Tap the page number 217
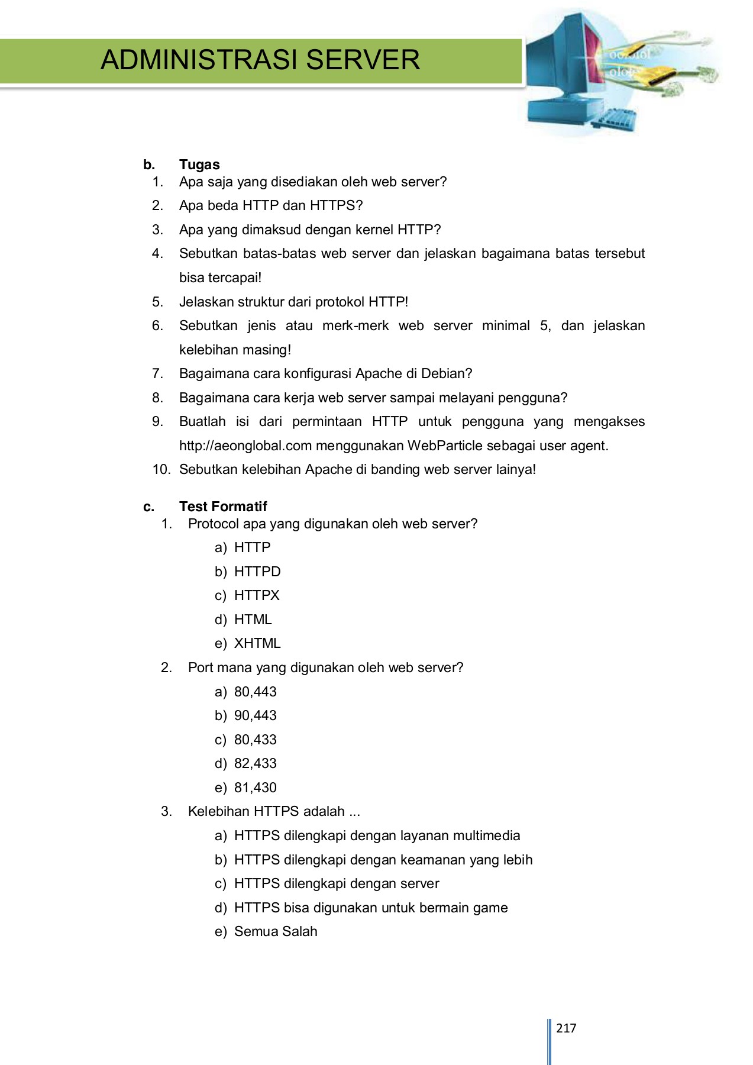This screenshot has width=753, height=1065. coord(566,1028)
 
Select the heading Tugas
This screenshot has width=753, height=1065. coord(199,164)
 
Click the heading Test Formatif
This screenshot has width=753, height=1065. coord(223,506)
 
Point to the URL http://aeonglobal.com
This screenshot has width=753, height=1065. coord(245,446)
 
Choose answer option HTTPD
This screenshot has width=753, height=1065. coord(257,572)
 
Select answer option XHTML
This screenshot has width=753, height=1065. coord(257,643)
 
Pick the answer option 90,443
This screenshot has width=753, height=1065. coord(256,715)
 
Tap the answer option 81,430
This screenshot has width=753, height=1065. coord(256,788)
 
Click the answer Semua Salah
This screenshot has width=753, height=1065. coord(276,931)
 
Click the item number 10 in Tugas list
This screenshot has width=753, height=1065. coord(161,469)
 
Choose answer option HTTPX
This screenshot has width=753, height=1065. coord(257,595)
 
